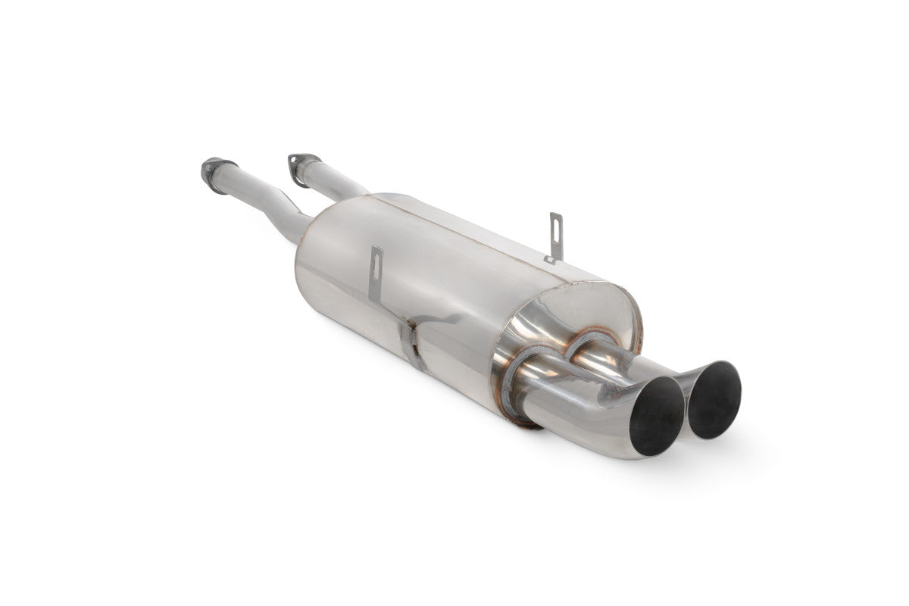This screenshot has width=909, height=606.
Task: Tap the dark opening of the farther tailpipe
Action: (x=714, y=399)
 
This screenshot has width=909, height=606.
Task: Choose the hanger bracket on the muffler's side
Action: (x=376, y=269)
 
